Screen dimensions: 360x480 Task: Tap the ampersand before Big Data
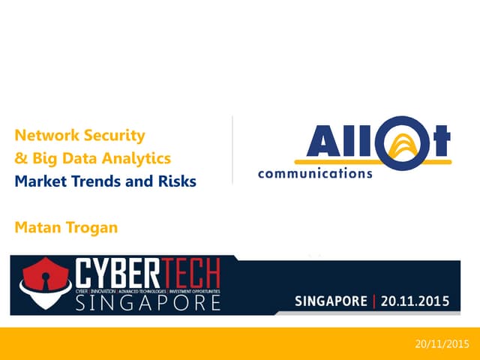click(x=20, y=158)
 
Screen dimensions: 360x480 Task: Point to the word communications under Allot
click(x=315, y=173)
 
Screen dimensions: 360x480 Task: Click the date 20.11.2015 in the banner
click(x=414, y=302)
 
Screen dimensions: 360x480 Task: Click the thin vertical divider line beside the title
click(x=232, y=150)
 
